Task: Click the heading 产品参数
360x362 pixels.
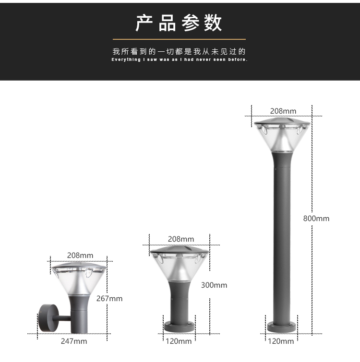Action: pos(179,23)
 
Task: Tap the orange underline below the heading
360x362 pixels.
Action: pos(179,39)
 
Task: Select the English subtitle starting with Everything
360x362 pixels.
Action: pos(180,59)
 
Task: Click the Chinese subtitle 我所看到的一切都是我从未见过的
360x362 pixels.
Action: pos(179,51)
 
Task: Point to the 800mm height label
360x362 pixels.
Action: pos(316,219)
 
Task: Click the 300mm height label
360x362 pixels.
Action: pos(214,285)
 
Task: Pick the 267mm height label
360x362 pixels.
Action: pos(109,299)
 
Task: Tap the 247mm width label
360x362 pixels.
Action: pos(74,341)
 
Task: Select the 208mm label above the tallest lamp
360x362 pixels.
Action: pos(283,111)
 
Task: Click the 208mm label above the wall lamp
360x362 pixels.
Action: pos(80,256)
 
